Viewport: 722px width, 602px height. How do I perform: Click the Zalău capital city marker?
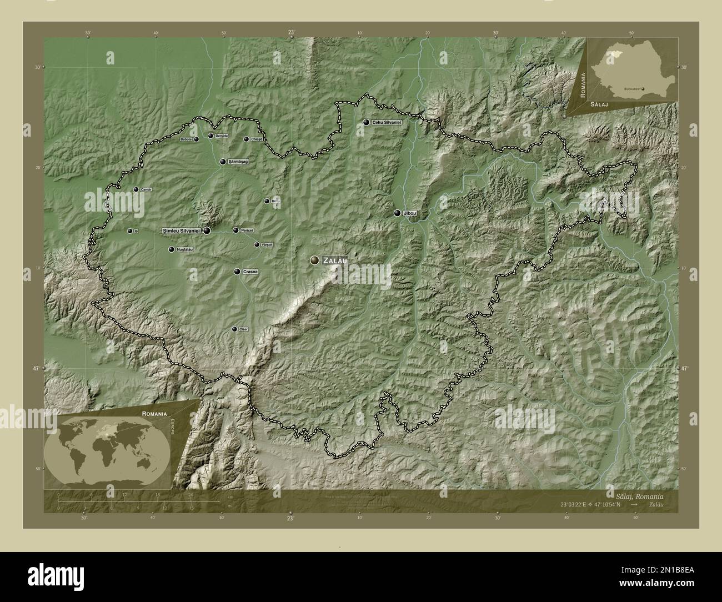[315, 260]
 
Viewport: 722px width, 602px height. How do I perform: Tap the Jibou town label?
[410, 213]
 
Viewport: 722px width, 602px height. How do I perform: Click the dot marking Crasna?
[237, 272]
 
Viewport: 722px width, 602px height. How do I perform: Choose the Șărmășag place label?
[237, 162]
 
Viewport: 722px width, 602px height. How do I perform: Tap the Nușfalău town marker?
[172, 249]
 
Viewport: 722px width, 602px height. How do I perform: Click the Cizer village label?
[243, 329]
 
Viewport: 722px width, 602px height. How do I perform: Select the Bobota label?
[186, 139]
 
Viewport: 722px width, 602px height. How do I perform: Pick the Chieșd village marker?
[246, 139]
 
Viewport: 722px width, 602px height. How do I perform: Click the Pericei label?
[247, 230]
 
